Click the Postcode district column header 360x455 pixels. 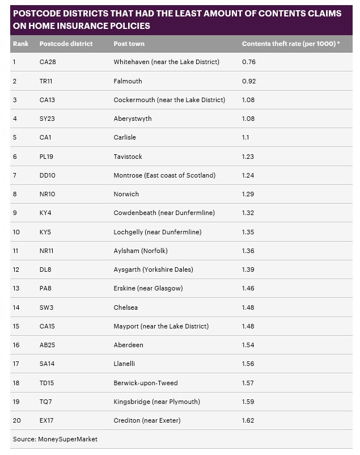tap(66, 44)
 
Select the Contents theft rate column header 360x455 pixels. tap(291, 44)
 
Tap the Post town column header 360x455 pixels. tap(129, 44)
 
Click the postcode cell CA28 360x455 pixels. tap(48, 62)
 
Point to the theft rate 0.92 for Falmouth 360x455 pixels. tap(248, 81)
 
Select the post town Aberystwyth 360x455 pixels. tap(133, 119)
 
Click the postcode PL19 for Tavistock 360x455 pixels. tap(47, 157)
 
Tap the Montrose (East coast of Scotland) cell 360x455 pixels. tap(164, 175)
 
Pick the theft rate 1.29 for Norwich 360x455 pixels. tap(248, 194)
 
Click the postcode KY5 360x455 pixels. tap(46, 232)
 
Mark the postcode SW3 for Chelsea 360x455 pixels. tap(46, 307)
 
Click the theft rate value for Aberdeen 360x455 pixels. tap(248, 345)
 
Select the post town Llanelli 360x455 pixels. tap(125, 364)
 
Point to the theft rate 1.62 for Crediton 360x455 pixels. tap(248, 420)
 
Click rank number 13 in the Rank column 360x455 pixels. tap(16, 288)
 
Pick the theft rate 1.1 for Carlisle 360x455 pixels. tap(246, 137)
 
